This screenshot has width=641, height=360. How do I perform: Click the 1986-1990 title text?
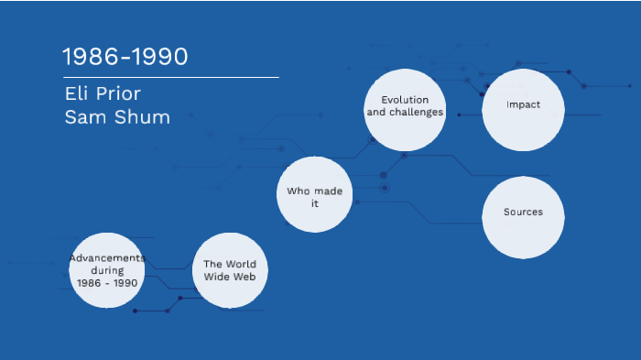point(125,57)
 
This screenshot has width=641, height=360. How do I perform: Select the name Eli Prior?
point(103,94)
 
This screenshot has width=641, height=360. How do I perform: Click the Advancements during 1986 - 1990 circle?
point(107,271)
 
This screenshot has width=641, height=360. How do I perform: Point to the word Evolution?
point(405,99)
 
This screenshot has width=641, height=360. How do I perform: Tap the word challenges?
point(418,112)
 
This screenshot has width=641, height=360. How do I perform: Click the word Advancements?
point(107,258)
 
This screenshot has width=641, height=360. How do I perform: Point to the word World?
point(241,264)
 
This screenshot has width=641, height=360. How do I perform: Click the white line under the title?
point(169,78)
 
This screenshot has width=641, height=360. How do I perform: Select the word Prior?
point(122,94)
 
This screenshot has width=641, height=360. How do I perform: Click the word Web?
point(244,276)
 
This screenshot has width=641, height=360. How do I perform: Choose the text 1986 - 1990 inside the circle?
point(107,283)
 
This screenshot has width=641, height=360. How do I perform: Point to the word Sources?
point(523,212)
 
